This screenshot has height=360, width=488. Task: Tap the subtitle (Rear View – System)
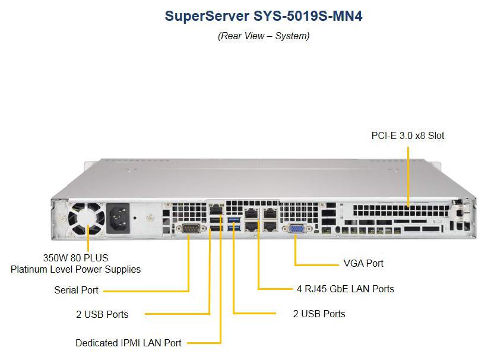tap(264, 36)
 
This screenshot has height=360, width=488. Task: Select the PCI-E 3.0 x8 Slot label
tap(408, 135)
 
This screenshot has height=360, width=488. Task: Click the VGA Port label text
tap(363, 263)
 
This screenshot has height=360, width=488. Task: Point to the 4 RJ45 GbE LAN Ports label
tap(346, 289)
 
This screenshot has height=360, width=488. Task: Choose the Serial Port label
tap(76, 290)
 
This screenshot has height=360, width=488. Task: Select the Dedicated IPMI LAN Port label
tap(128, 343)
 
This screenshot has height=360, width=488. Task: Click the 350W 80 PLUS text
tap(75, 258)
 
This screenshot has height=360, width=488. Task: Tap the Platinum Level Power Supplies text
tap(75, 269)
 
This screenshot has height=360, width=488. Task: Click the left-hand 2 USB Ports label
tap(102, 314)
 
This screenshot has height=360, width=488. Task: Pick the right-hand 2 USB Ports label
tap(319, 313)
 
